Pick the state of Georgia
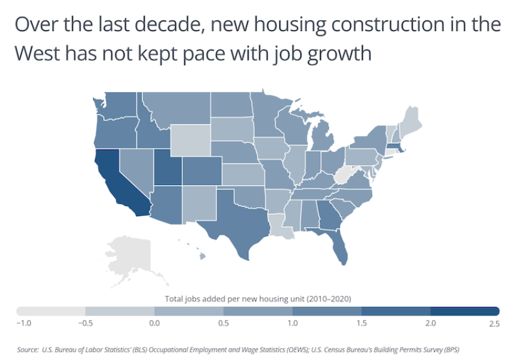(329, 219)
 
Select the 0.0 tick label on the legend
(154, 323)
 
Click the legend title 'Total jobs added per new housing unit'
(258, 298)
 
